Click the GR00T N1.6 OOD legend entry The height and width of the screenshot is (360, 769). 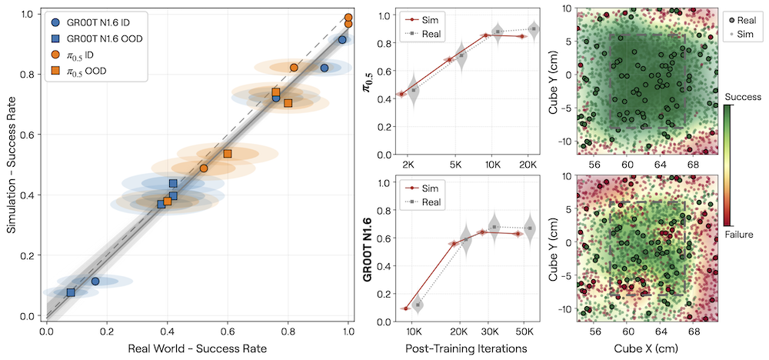pyautogui.click(x=98, y=39)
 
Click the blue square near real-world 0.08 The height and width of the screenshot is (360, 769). pyautogui.click(x=71, y=292)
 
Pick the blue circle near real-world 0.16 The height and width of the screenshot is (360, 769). pyautogui.click(x=95, y=281)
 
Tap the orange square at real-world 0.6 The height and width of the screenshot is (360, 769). pyautogui.click(x=228, y=154)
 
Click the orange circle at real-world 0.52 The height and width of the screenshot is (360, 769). pyautogui.click(x=204, y=168)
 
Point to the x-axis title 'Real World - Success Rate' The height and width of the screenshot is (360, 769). pyautogui.click(x=197, y=349)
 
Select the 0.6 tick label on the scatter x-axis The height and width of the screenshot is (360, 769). pyautogui.click(x=228, y=331)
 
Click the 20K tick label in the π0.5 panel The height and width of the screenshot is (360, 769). pyautogui.click(x=526, y=165)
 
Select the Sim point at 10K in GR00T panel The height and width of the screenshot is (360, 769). pyautogui.click(x=405, y=308)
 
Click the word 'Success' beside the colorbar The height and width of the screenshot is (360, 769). pyautogui.click(x=743, y=97)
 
